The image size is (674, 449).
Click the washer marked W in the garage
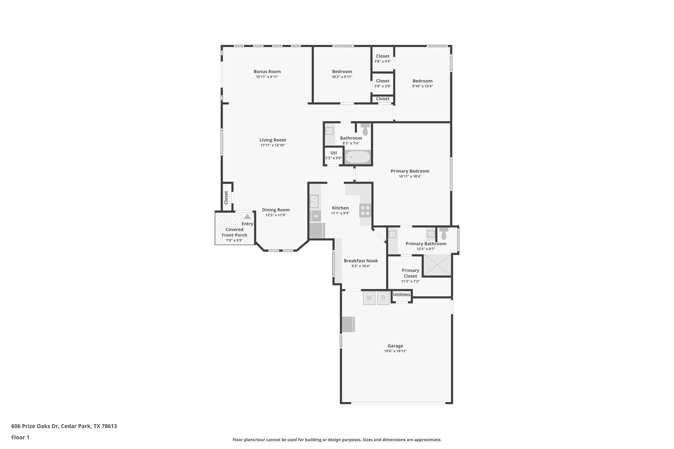(369, 298)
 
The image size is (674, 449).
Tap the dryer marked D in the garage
(383, 298)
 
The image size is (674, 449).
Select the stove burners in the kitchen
(365, 211)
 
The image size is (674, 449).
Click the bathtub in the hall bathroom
(358, 157)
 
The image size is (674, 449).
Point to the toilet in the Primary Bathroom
(444, 233)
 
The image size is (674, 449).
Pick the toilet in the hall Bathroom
(365, 129)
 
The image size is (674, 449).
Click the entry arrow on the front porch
(247, 216)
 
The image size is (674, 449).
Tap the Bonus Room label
(267, 71)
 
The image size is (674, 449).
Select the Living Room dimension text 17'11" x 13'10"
(273, 145)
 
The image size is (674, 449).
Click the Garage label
(395, 346)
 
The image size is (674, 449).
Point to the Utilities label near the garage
(402, 294)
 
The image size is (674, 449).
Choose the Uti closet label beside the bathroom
(334, 153)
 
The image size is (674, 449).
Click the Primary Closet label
(410, 273)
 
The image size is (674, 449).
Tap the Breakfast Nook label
(361, 261)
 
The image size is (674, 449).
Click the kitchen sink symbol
(314, 201)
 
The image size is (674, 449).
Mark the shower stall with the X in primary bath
(437, 265)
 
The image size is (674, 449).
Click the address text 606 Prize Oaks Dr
(35, 426)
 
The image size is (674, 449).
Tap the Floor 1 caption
(20, 437)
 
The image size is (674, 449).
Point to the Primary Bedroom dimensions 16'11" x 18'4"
(410, 176)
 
